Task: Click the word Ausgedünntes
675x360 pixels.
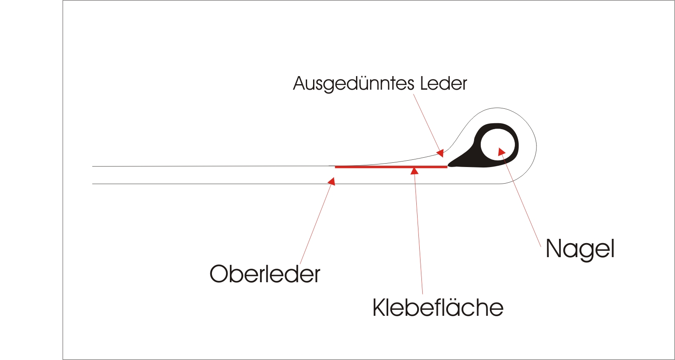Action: (353, 84)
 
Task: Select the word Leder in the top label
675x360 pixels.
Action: (443, 83)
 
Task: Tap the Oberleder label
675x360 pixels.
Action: (265, 274)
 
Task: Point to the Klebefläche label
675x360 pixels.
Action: (438, 307)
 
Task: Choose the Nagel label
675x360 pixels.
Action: (580, 249)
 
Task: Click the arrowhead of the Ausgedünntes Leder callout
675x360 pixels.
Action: (441, 153)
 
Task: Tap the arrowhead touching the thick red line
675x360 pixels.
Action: (415, 171)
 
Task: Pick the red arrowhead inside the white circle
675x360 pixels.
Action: (501, 151)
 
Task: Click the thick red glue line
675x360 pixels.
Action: (382, 167)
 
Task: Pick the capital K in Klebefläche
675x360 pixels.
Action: (379, 307)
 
